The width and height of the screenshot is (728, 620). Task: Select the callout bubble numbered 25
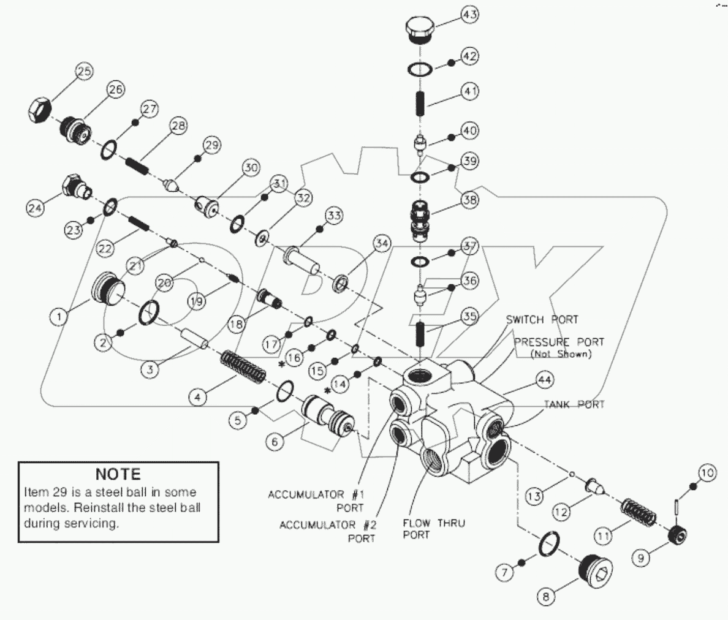pos(84,72)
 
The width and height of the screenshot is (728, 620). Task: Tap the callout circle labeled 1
pos(59,317)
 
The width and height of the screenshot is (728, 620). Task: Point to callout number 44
pos(544,380)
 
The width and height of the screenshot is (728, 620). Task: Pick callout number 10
pos(707,473)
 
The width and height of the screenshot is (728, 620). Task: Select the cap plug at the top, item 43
pos(420,30)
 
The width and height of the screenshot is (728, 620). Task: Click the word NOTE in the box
pos(118,474)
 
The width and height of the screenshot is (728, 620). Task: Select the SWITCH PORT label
pos(542,320)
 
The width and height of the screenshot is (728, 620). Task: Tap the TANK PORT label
pos(575,404)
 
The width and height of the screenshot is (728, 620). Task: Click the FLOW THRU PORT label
pos(433,529)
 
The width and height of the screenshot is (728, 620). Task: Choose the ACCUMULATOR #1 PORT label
pos(316,501)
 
